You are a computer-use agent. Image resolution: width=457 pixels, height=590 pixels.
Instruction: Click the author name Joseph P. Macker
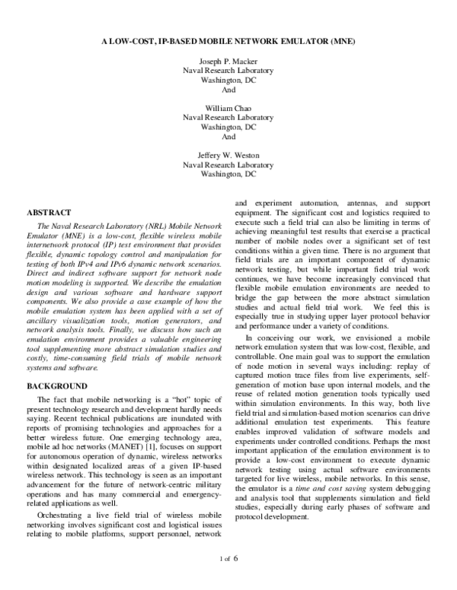[228, 59]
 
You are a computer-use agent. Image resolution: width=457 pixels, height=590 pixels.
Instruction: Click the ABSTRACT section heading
[49, 212]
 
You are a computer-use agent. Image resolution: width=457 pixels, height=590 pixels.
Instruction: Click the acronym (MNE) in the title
[334, 36]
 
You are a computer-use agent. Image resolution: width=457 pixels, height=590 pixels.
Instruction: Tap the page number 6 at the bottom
[236, 579]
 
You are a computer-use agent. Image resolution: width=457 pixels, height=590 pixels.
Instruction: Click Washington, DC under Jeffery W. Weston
[228, 174]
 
